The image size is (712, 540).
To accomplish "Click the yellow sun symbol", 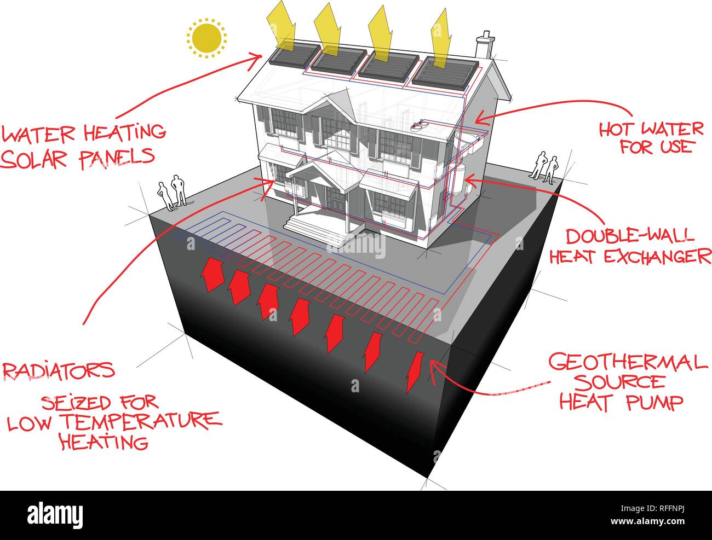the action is click(x=206, y=38).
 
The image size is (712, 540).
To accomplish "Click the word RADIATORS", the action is click(x=59, y=370).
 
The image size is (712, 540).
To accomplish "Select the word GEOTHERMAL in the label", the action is click(x=628, y=363).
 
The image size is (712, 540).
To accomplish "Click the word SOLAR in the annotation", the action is click(x=33, y=159).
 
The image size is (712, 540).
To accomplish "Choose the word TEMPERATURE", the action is click(x=142, y=422).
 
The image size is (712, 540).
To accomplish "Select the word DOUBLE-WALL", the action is click(x=630, y=236).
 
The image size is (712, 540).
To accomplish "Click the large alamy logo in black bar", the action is click(x=55, y=515).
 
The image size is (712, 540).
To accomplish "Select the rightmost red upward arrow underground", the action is click(x=414, y=372).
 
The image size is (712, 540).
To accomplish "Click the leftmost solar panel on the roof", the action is click(x=295, y=54).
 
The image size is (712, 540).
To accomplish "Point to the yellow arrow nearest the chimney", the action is click(x=441, y=42).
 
